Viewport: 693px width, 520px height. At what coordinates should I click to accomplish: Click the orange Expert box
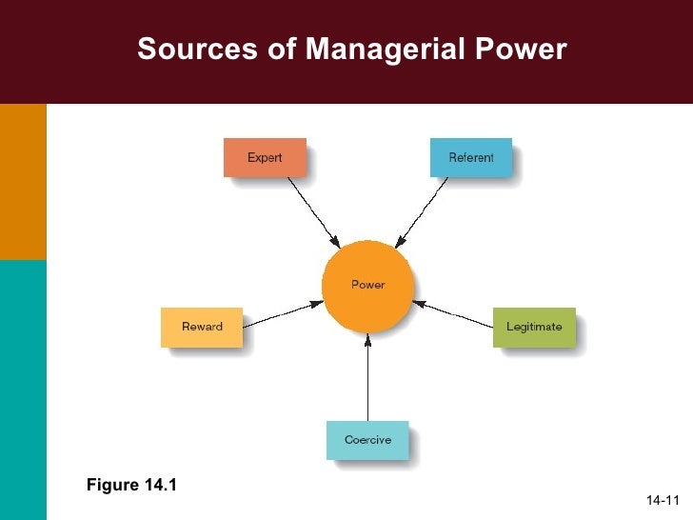265,157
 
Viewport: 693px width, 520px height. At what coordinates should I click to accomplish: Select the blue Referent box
470,157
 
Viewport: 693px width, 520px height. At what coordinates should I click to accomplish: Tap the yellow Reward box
202,327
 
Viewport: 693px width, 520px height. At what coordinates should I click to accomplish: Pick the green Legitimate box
534,327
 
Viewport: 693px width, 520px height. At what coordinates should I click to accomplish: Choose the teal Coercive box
367,440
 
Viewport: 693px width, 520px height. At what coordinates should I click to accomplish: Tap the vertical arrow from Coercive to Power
367,381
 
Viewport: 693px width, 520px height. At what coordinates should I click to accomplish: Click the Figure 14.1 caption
131,487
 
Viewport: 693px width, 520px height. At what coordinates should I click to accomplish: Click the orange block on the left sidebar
23,181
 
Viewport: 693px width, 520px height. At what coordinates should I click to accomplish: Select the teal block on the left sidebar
23,390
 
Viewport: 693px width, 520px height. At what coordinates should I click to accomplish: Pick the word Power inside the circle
367,285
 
